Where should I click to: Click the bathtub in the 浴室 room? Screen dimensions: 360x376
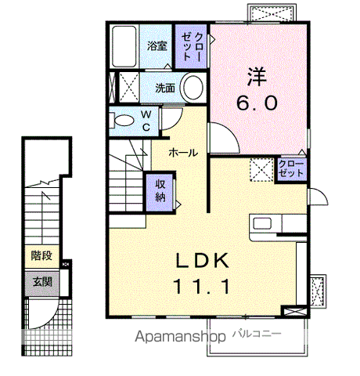pos(124,46)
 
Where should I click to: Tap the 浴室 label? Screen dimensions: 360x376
pos(157,46)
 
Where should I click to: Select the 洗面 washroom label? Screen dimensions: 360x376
pos(165,89)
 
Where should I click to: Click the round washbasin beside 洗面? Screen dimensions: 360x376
pos(193,88)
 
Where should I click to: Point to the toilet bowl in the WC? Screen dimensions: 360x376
pos(124,121)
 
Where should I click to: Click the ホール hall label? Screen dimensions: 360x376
pos(183,153)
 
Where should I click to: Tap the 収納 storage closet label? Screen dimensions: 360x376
pos(160,191)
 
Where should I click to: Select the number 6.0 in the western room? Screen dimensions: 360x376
pos(257,103)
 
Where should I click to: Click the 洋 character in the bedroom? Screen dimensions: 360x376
pos(257,77)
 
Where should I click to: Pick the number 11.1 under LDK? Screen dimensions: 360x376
pos(201,287)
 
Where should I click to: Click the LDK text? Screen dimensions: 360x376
pos(203,261)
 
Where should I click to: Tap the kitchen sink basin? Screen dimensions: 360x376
pos(263,224)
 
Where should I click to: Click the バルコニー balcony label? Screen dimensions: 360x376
pos(257,334)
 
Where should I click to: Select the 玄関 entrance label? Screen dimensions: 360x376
pos(42,282)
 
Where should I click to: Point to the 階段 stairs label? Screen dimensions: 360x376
pos(41,255)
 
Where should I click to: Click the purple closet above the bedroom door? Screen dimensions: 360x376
pos(192,46)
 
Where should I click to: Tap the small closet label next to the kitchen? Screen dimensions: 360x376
pos(291,168)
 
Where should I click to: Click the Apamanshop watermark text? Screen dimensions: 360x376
pos(180,337)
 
